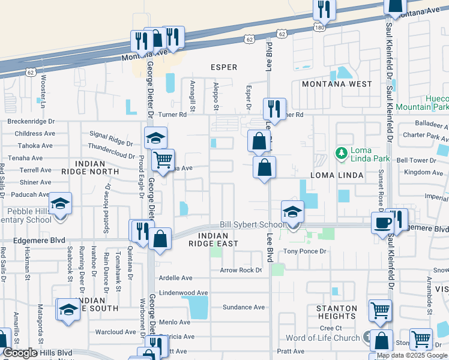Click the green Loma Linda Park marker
point(341,153)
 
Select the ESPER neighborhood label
point(223,67)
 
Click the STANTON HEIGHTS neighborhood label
point(337,312)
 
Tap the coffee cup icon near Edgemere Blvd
point(382,223)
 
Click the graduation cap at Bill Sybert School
point(292,212)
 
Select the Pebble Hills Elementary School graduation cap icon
point(61,203)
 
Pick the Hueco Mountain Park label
point(429,103)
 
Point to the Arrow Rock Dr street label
point(241,270)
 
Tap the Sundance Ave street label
point(244,307)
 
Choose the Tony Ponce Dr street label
point(304,251)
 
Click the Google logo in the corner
point(20,353)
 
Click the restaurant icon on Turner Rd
point(274,109)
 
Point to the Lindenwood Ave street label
point(183,293)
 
